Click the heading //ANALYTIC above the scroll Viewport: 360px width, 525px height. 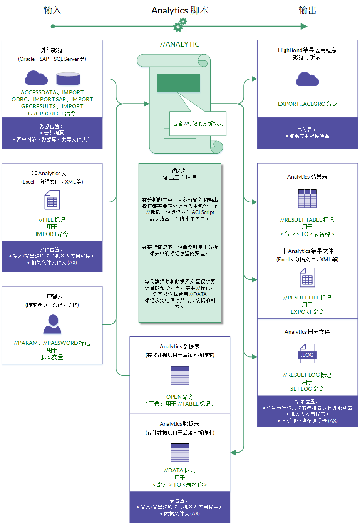tap(180, 44)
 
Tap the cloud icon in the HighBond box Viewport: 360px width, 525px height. tap(307, 79)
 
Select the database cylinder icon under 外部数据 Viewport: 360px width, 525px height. tap(68, 79)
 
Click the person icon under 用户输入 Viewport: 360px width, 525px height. tap(52, 324)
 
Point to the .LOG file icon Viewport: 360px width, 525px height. tap(307, 353)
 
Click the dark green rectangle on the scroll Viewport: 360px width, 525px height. tap(178, 83)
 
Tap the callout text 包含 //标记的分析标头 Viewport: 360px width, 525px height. tap(198, 124)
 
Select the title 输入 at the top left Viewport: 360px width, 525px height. tap(52, 10)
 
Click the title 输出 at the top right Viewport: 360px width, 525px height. tap(307, 10)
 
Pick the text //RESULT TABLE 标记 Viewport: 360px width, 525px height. tap(307, 220)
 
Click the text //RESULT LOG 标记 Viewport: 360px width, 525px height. tap(307, 375)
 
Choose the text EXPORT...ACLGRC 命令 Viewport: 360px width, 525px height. tap(307, 104)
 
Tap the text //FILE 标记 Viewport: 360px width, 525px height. tap(52, 220)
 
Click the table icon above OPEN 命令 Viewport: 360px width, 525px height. tap(180, 375)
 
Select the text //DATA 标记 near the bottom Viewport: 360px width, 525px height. tap(180, 470)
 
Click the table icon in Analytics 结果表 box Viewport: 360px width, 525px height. tap(307, 199)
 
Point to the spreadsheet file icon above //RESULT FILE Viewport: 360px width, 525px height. tap(307, 277)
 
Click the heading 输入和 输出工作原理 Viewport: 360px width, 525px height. tap(180, 174)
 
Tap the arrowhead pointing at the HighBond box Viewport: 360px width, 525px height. tap(254, 79)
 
